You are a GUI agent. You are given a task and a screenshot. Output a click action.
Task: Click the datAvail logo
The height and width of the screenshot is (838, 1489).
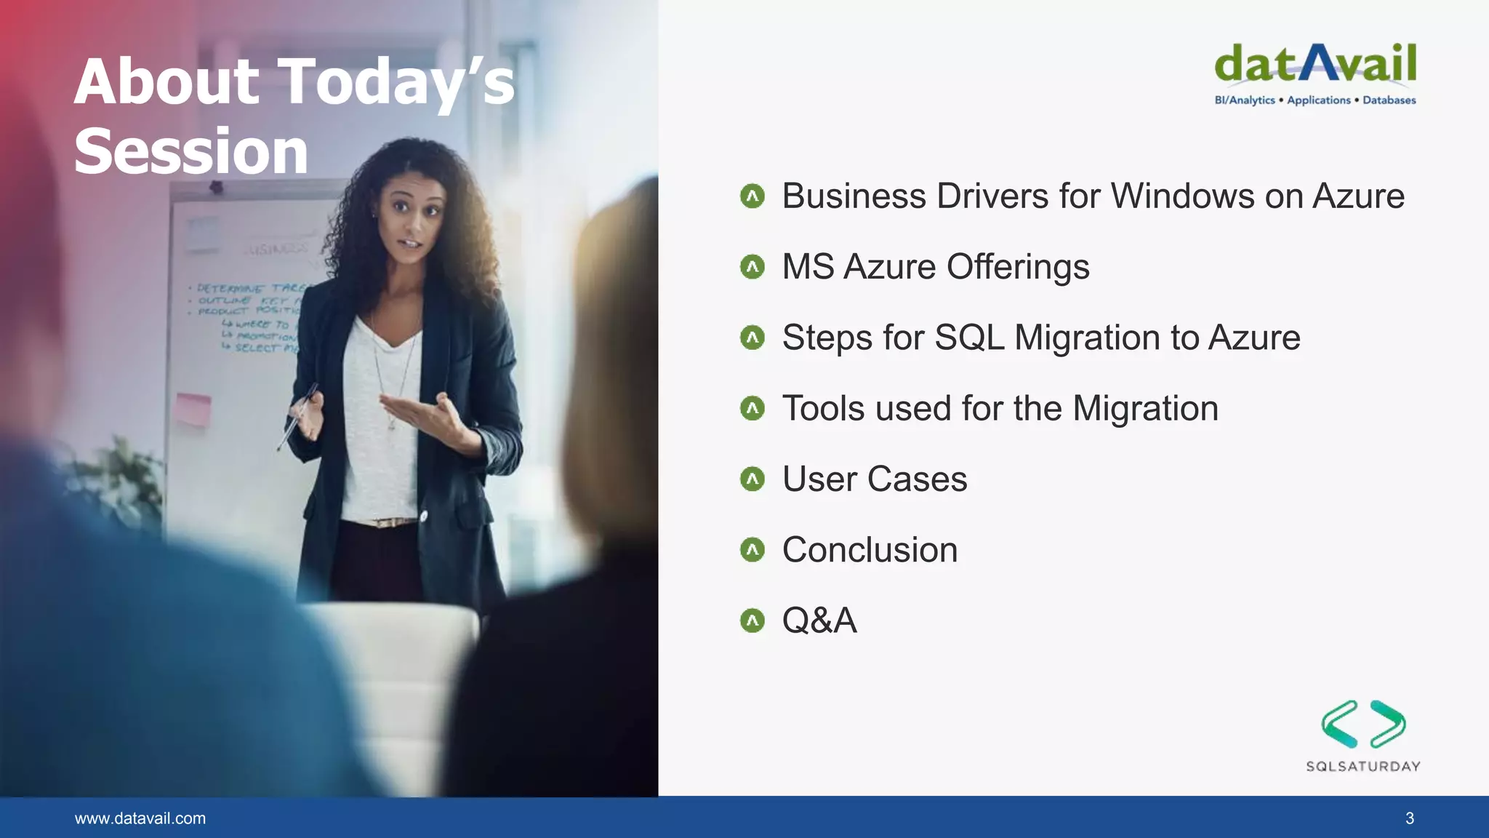click(x=1315, y=64)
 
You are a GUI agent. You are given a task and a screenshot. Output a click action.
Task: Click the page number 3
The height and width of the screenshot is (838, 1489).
click(x=1409, y=818)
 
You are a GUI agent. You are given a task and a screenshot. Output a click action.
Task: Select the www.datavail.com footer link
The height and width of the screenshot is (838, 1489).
click(x=140, y=818)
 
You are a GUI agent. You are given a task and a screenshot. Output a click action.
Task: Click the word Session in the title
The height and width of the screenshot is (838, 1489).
click(x=191, y=151)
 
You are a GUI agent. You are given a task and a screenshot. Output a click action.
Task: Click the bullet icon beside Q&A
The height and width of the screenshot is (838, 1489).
click(x=752, y=620)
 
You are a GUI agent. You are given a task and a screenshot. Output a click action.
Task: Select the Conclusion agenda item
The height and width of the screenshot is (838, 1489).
click(x=870, y=550)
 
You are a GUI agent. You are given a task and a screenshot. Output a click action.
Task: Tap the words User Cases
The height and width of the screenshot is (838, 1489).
click(x=875, y=479)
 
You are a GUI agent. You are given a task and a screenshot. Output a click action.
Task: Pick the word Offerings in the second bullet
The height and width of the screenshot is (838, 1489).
click(x=1018, y=267)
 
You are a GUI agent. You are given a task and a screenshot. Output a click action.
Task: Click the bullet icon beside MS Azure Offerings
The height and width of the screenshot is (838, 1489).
click(x=752, y=267)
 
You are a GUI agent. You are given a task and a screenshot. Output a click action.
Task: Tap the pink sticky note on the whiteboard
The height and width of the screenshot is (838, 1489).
click(x=193, y=407)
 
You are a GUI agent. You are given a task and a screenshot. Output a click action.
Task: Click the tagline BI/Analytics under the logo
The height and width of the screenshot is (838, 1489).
click(x=1245, y=100)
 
